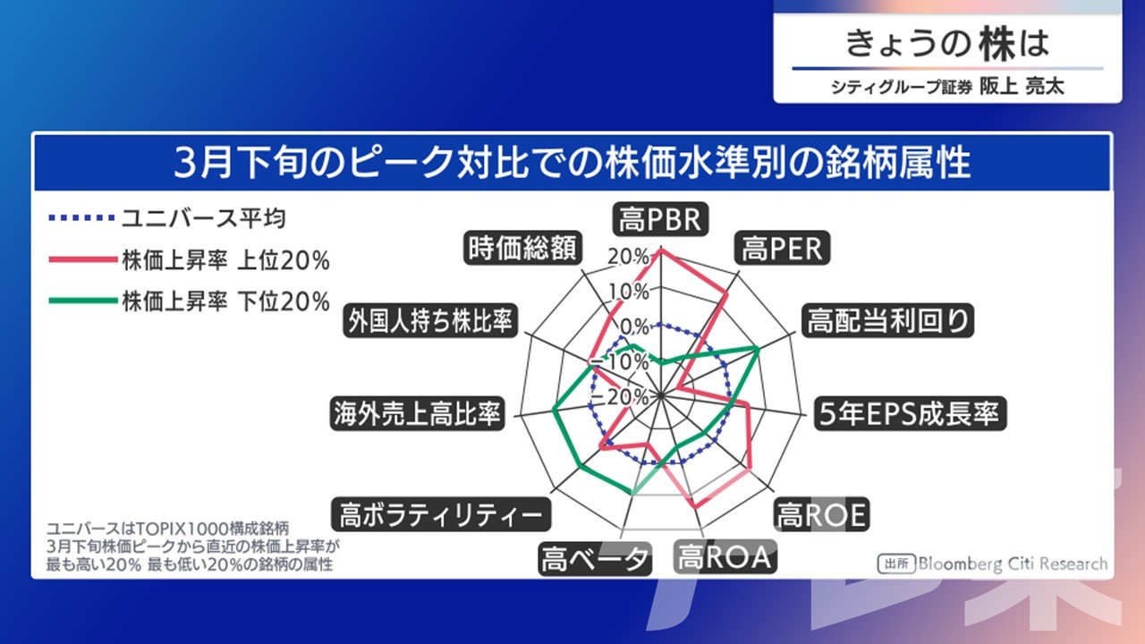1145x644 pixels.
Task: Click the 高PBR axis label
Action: click(660, 219)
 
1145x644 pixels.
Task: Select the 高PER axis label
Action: click(782, 249)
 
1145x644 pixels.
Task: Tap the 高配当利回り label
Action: click(888, 320)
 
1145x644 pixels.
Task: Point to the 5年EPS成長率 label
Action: click(910, 413)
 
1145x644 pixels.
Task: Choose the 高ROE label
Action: click(821, 514)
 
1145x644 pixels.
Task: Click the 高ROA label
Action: click(725, 556)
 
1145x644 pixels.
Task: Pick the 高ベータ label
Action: click(595, 559)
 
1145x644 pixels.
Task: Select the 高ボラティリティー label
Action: click(441, 514)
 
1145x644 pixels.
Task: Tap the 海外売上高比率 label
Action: click(417, 413)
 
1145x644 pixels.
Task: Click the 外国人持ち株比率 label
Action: click(430, 320)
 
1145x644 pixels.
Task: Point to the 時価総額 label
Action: click(522, 248)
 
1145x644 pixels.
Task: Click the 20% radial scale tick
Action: click(629, 257)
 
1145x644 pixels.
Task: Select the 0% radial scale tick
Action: click(634, 326)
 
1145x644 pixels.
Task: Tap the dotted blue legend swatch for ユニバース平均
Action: click(81, 218)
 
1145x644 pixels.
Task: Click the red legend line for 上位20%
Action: click(83, 259)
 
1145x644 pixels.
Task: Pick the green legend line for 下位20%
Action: click(83, 301)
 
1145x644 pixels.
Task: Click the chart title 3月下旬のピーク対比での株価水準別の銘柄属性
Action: click(572, 162)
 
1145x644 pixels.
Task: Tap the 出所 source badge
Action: click(896, 563)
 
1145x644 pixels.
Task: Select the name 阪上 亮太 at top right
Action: click(1022, 87)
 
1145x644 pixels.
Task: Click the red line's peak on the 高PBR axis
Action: click(661, 250)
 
